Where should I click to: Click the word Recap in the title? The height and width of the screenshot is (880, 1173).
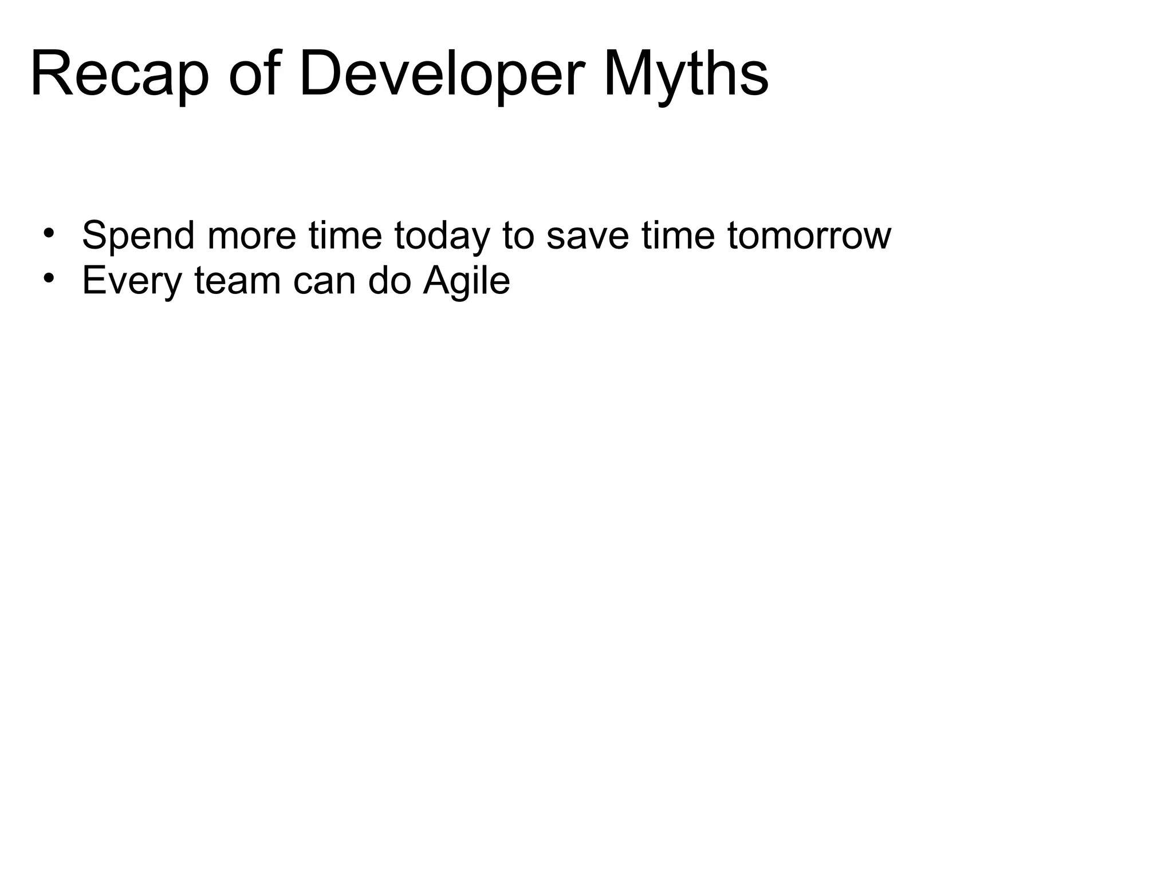tap(119, 75)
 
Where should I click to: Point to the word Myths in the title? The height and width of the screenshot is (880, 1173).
tap(686, 75)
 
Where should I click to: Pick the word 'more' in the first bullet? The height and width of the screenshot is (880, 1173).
tap(252, 235)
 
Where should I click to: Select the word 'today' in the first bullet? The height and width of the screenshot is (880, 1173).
tap(442, 235)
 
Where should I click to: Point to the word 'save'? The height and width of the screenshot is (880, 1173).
tap(588, 235)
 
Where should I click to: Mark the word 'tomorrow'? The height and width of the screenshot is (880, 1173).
tap(809, 235)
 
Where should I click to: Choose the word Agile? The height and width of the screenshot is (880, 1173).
tap(466, 281)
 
